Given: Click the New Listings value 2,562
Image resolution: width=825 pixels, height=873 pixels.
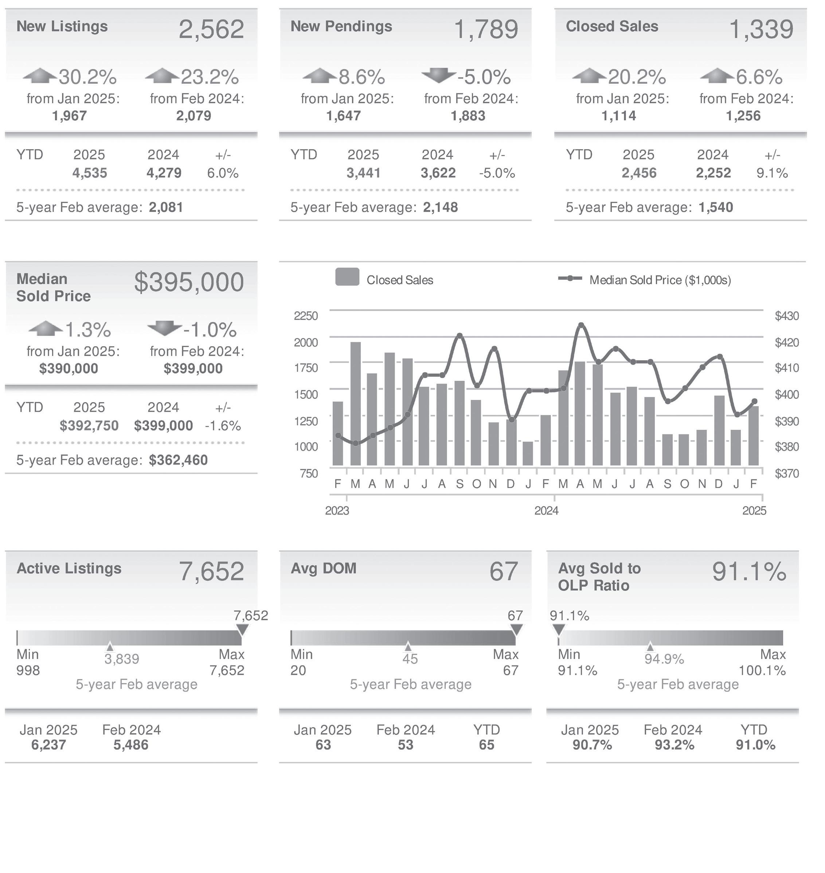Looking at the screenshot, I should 211,30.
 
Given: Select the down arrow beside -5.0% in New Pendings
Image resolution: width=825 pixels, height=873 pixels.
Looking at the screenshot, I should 438,76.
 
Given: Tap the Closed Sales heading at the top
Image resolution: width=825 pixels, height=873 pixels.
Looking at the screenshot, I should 612,26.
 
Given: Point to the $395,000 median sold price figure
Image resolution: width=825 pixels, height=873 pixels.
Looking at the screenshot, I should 189,282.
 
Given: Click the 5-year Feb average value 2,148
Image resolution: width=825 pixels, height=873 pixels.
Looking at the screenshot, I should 440,207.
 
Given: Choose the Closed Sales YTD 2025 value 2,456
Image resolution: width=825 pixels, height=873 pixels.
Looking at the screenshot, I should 638,173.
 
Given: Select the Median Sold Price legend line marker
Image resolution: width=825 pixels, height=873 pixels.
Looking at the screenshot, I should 570,278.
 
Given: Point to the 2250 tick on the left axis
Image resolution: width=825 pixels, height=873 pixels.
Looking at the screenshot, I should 306,316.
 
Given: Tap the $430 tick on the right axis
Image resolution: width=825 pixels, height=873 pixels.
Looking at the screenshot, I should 787,316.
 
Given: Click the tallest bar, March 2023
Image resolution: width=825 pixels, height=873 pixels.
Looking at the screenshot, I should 355,403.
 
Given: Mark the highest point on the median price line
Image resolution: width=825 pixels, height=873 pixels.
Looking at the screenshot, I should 581,325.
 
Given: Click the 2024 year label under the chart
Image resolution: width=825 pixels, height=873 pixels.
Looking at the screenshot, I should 546,510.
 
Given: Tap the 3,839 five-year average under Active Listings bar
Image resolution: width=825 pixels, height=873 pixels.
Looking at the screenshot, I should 122,659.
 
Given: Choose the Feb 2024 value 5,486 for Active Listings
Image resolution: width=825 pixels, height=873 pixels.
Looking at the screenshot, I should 131,745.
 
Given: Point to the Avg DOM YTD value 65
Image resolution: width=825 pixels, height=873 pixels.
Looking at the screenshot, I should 486,745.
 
